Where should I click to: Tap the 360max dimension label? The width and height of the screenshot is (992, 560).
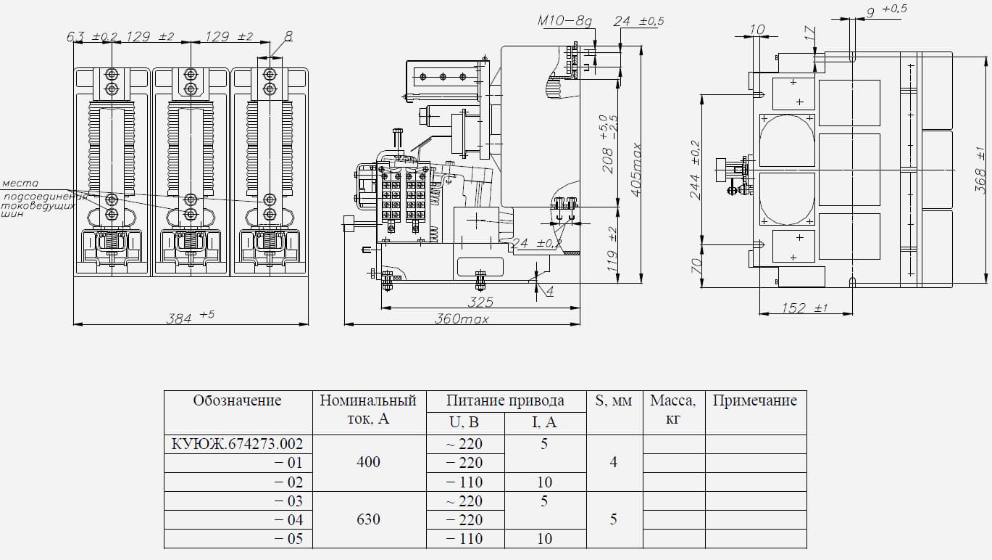tap(462, 318)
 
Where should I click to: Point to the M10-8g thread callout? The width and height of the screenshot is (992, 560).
tap(564, 21)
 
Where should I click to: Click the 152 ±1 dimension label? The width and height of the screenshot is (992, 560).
tap(804, 308)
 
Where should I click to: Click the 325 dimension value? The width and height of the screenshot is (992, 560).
tap(480, 301)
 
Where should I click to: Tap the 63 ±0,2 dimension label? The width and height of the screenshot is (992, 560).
tap(92, 36)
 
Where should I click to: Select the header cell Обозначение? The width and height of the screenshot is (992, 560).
tap(237, 401)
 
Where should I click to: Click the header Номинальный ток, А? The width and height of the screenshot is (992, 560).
tap(368, 410)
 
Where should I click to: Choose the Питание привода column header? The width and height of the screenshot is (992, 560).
tap(505, 401)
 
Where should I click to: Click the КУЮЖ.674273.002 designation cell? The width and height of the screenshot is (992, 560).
tap(237, 444)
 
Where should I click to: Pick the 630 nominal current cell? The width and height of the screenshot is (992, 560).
tap(368, 519)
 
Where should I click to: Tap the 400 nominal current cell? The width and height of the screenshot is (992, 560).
tap(368, 462)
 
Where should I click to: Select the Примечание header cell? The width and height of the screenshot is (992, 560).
tap(754, 401)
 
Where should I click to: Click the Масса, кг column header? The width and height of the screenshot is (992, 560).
tap(673, 410)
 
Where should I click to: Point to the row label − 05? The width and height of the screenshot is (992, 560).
tap(287, 539)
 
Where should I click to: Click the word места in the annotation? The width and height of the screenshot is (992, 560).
tap(20, 184)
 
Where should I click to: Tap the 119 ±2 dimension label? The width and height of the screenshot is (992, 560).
tap(613, 246)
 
